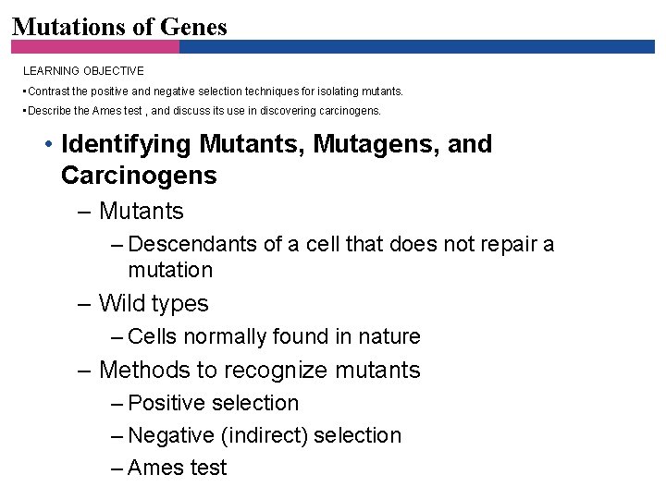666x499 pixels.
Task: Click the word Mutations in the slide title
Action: point(70,27)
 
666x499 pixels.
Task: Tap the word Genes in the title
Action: point(193,27)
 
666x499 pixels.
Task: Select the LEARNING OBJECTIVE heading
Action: point(83,70)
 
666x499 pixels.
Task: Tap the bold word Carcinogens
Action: point(139,176)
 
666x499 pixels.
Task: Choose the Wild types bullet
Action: point(153,303)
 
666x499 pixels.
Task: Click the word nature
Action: point(388,336)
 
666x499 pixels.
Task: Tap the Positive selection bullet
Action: point(213,403)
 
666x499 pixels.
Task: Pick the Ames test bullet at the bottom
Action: point(177,468)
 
